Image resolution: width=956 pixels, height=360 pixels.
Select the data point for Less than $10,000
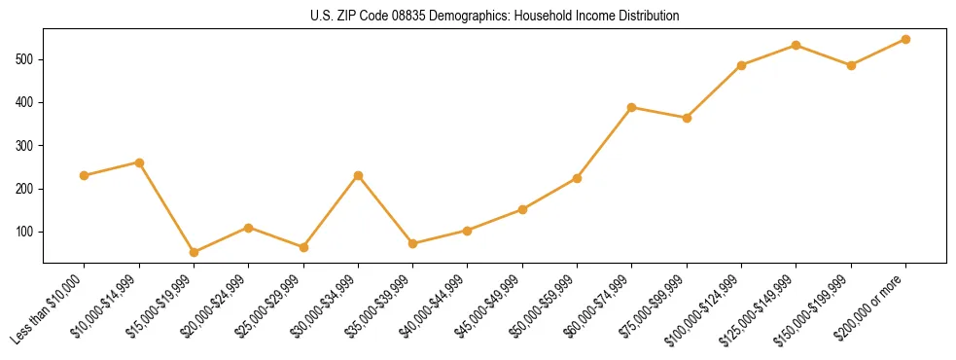coord(85,175)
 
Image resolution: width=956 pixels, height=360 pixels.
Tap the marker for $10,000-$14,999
coord(139,162)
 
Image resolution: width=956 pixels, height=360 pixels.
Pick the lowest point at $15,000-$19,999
coord(194,252)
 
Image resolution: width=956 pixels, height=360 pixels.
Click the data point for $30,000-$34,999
coord(358,175)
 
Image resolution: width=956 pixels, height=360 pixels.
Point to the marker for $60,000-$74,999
coord(632,107)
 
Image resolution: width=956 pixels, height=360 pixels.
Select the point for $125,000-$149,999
coord(797,45)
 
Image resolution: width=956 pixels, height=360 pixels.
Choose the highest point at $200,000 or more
coord(905,39)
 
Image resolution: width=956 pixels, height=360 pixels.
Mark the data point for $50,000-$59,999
coord(577,178)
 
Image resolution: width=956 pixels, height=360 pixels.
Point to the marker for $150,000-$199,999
coord(851,65)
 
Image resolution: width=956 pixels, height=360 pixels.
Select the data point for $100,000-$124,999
coord(741,65)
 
